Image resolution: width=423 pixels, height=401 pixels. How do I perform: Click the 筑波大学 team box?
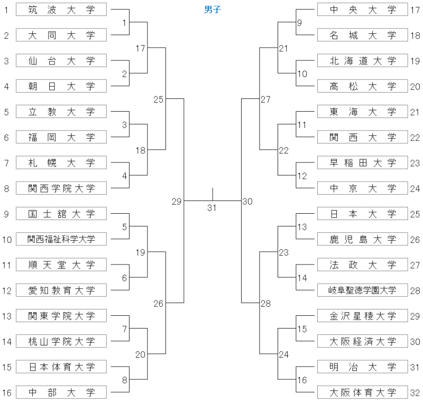(x=61, y=10)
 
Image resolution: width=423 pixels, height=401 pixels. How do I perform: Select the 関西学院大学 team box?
(x=61, y=188)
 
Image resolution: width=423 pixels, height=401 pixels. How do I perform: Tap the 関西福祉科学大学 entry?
(x=61, y=239)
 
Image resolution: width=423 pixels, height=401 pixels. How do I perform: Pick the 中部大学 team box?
(x=61, y=393)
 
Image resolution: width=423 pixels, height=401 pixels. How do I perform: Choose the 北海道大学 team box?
(x=363, y=60)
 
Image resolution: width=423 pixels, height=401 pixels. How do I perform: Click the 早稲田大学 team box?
(x=363, y=162)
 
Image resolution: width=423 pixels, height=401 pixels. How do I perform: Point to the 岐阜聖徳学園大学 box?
(x=363, y=290)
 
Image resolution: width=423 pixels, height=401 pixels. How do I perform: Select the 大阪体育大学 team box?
(x=363, y=393)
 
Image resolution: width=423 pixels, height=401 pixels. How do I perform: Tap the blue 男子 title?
(x=213, y=10)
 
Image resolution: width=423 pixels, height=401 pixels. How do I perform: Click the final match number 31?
(x=212, y=208)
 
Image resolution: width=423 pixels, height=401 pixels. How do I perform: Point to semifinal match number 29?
(x=177, y=202)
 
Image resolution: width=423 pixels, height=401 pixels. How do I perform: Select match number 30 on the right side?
(x=247, y=202)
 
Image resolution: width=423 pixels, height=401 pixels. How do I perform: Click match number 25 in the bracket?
(x=158, y=99)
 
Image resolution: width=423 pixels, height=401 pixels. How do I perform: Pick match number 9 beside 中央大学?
(x=299, y=23)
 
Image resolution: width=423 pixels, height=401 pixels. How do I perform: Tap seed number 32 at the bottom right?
(x=415, y=393)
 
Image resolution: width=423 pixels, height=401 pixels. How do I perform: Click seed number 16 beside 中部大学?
(x=7, y=393)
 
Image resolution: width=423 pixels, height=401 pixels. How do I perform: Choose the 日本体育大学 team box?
(x=61, y=367)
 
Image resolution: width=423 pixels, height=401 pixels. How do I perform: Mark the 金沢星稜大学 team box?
(x=363, y=316)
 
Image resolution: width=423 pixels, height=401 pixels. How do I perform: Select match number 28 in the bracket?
(x=265, y=304)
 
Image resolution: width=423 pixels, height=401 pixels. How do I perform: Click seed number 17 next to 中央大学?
(x=415, y=10)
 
